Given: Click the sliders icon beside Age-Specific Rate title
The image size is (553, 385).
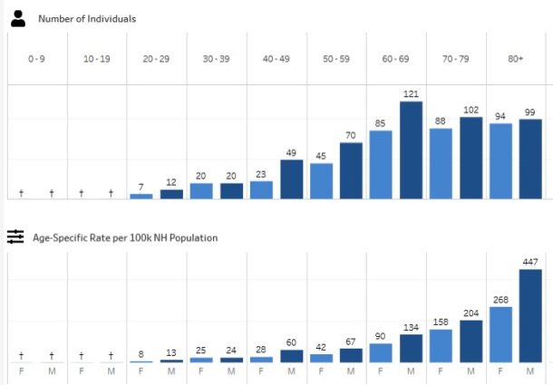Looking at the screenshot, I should click(15, 237).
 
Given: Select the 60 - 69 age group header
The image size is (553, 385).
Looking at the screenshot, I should click(395, 59).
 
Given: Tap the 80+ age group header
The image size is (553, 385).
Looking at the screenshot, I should click(515, 59).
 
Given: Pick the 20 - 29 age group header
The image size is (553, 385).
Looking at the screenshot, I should click(156, 59).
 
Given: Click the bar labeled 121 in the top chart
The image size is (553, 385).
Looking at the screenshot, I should click(411, 149).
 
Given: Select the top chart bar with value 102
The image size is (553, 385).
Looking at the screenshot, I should click(471, 158).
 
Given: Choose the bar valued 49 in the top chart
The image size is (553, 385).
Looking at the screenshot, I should click(291, 178).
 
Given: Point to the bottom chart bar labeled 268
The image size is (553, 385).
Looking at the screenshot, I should click(500, 334).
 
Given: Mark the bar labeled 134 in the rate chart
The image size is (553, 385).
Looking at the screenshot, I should click(411, 349).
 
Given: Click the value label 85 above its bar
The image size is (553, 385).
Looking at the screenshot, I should click(381, 123).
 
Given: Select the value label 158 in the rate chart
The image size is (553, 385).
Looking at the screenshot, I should click(441, 321).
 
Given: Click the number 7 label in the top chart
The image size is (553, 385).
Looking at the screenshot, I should click(141, 187).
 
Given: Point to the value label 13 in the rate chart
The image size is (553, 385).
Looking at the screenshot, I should click(171, 352).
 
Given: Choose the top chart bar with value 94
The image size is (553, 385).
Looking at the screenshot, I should click(500, 160).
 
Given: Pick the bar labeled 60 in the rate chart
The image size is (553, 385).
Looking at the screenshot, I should click(291, 356).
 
